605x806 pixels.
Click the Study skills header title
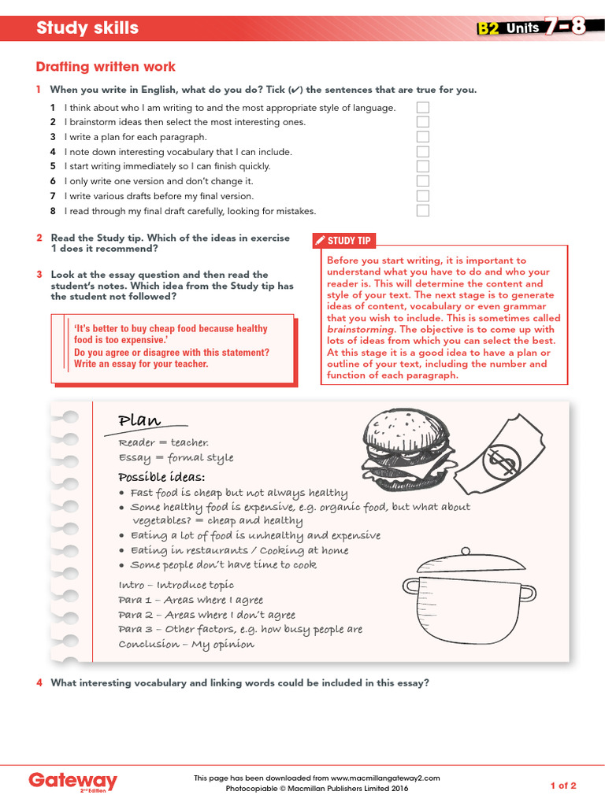point(87,28)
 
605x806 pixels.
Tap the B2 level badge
point(488,29)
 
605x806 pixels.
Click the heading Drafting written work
point(106,67)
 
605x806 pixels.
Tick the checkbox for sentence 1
point(423,107)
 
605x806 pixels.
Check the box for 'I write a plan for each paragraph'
point(423,137)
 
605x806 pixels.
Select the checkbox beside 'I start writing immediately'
point(423,166)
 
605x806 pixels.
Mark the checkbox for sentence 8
point(423,211)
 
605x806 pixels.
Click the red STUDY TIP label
point(344,241)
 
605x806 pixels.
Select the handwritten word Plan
point(139,420)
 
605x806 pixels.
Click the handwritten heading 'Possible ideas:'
point(161,478)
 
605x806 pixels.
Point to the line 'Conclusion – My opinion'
point(186,645)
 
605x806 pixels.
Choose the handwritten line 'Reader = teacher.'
point(163,443)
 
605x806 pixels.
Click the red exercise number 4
point(39,683)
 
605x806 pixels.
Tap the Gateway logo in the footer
point(72,782)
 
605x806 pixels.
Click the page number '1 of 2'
point(562,786)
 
